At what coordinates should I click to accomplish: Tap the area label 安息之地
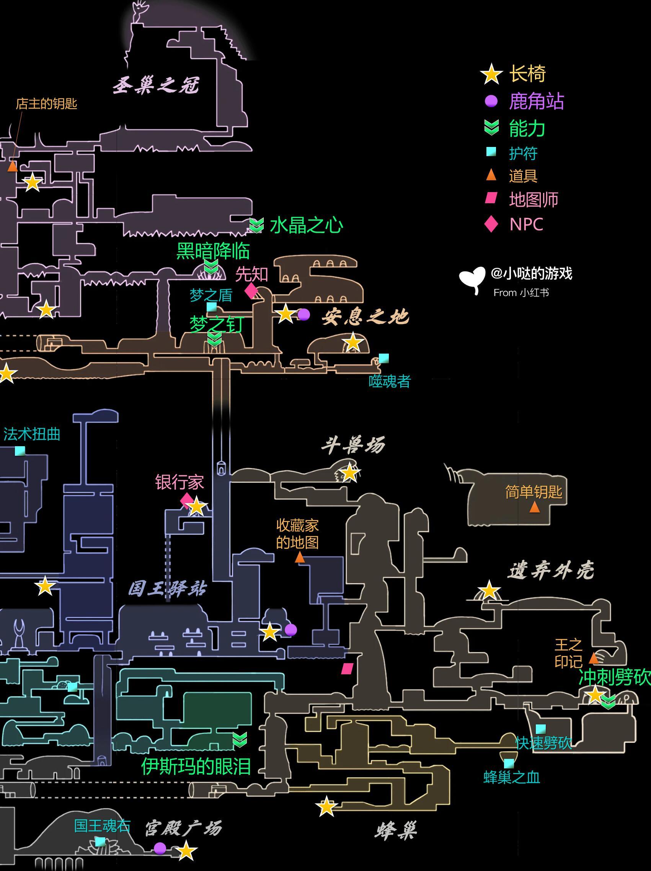(x=365, y=317)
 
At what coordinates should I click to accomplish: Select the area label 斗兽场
(x=353, y=445)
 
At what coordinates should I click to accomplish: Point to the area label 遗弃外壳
(x=551, y=571)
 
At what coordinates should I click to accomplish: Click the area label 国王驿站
(x=167, y=589)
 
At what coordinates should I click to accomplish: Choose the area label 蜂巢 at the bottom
(x=395, y=832)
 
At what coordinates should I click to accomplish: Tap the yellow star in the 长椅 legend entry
(x=491, y=74)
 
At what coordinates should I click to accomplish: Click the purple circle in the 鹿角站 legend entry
(x=491, y=101)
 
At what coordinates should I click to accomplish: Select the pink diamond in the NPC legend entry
(x=491, y=224)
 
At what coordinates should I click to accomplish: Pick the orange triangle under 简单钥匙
(x=534, y=507)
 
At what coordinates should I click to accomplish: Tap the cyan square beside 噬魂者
(x=383, y=358)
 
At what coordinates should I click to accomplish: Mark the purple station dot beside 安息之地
(x=303, y=315)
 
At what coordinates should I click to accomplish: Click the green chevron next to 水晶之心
(x=256, y=226)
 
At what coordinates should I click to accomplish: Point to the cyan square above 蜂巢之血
(x=509, y=763)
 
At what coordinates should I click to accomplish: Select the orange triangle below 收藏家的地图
(x=300, y=558)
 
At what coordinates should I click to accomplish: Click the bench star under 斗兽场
(x=349, y=473)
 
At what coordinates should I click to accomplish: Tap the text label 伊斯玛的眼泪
(x=196, y=766)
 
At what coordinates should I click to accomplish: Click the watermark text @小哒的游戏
(x=531, y=273)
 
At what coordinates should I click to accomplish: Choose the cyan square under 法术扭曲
(x=20, y=451)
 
